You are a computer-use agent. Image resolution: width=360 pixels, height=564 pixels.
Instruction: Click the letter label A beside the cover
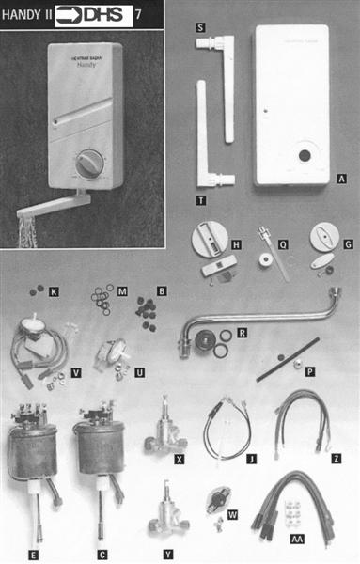pyautogui.click(x=341, y=176)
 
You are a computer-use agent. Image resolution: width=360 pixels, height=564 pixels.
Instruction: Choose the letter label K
pyautogui.click(x=54, y=293)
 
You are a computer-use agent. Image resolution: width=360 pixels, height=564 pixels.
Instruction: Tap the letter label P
pyautogui.click(x=310, y=372)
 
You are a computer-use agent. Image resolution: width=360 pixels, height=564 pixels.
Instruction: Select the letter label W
pyautogui.click(x=234, y=515)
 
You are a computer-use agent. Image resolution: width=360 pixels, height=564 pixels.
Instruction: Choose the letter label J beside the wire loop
pyautogui.click(x=252, y=460)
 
